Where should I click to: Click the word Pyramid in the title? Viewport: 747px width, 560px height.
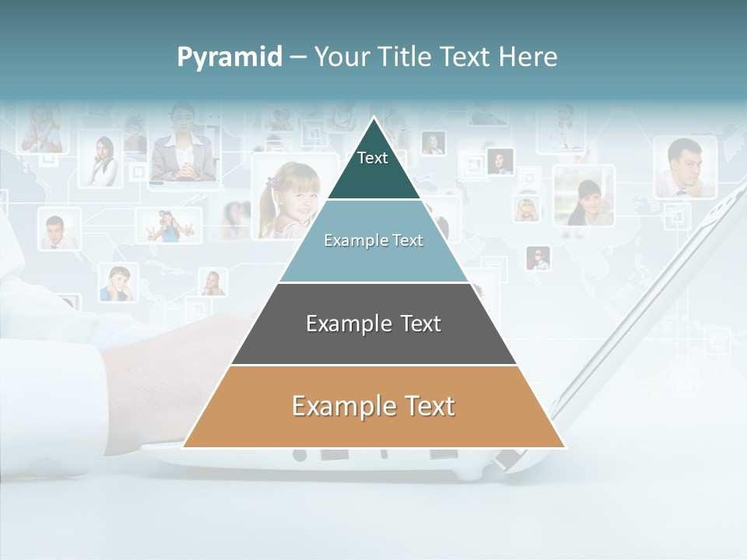pos(230,57)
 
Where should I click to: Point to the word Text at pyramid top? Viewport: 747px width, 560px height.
pos(373,158)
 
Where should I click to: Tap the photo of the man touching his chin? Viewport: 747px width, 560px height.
pos(685,167)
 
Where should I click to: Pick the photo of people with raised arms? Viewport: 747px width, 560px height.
pos(170,226)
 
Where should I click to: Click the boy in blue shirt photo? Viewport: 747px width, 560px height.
pos(118,283)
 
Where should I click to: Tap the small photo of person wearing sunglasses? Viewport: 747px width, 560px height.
pos(538,258)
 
